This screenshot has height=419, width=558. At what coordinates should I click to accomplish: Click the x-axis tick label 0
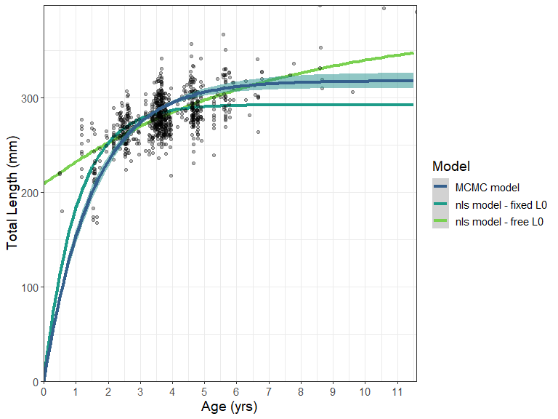44,392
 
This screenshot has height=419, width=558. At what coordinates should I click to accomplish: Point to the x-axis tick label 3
140,392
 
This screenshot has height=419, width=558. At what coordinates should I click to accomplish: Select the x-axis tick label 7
269,392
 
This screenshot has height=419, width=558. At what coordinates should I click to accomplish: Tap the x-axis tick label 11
397,392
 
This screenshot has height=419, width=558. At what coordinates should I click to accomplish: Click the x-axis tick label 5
204,392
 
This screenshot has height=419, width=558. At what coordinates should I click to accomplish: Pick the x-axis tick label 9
333,392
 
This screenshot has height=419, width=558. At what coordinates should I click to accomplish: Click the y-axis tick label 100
29,287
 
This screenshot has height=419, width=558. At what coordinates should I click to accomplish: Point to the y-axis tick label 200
29,193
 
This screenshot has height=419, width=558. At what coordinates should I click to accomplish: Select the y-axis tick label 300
29,98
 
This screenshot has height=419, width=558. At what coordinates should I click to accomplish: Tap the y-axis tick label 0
35,382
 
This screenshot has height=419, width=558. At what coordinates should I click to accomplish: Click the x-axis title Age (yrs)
230,407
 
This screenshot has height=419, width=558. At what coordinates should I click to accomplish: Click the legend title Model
448,167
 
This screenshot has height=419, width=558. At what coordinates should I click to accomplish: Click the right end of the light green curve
413,53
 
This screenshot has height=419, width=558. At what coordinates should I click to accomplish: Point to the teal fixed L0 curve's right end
413,105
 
